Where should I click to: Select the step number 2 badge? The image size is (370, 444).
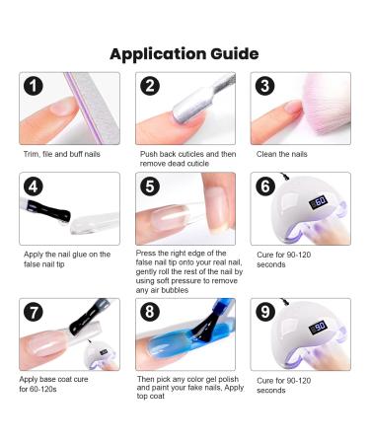150,87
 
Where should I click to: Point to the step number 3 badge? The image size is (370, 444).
267,87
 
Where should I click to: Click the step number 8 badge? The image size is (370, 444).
150,314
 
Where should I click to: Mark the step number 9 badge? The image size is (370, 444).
267,314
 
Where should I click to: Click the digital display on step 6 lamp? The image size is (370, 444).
321,202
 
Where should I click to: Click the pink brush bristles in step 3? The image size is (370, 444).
321,99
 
